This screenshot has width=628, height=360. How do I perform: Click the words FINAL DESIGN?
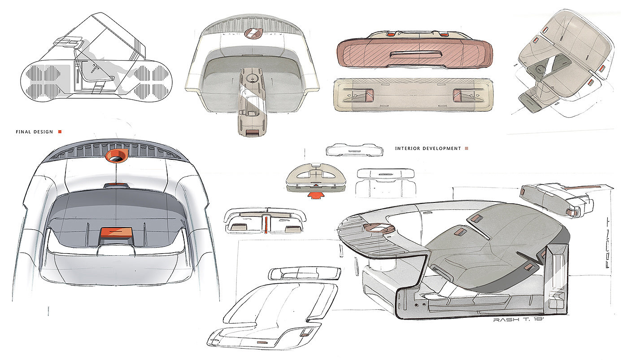34,132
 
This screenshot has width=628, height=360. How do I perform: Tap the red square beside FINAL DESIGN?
60,132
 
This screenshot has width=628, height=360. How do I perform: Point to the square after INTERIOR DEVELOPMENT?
467,148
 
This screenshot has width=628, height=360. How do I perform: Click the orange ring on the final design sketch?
115,156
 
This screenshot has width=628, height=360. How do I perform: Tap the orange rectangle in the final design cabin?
115,232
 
